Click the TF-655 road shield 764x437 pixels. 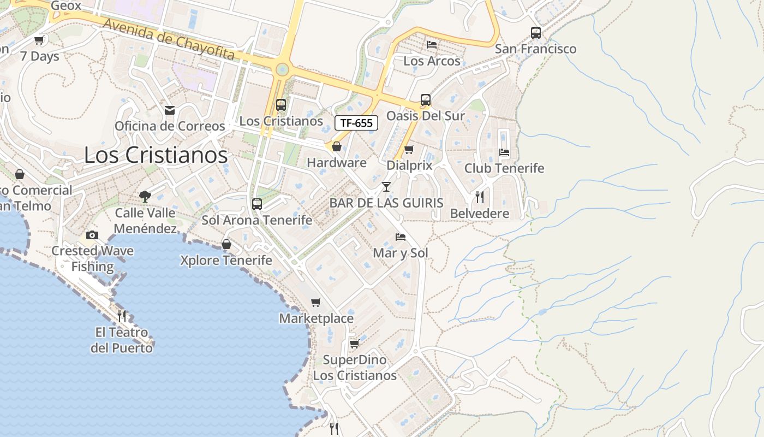tap(356, 123)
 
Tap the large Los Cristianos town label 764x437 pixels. tap(156, 155)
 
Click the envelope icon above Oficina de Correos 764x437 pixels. tap(170, 110)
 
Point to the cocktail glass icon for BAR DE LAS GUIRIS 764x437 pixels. tap(386, 187)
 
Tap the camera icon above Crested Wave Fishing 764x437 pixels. tap(92, 235)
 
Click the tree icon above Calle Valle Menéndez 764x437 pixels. tap(145, 196)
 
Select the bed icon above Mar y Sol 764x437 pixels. tap(401, 237)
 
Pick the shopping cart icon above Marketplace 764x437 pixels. tap(316, 302)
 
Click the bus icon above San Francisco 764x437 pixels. tap(536, 33)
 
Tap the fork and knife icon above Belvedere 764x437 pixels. tap(480, 197)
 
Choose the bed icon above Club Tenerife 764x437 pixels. tap(504, 152)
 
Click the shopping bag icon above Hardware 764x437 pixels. tap(337, 146)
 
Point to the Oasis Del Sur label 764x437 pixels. tap(426, 116)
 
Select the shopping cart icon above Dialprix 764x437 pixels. tap(409, 149)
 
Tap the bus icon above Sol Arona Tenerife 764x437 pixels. tap(257, 204)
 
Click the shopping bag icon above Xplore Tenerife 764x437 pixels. tap(226, 244)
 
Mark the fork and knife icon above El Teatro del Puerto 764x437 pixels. tap(122, 316)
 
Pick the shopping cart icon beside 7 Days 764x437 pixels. tap(39, 40)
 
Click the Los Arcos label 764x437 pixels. tap(432, 61)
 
